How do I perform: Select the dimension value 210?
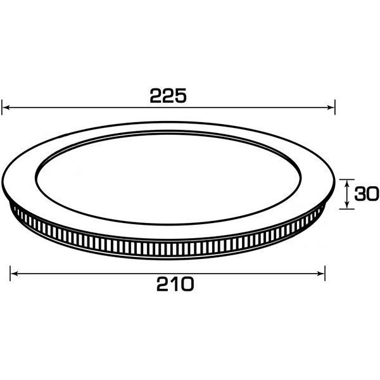172,284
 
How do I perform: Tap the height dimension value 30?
365,194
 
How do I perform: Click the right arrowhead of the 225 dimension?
330,108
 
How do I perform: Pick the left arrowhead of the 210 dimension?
15,274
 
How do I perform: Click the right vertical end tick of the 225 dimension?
334,108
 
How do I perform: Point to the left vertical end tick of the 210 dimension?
11,274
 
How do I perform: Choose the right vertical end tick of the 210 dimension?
325,274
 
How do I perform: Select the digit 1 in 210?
172,284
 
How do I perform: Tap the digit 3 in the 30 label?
360,194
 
